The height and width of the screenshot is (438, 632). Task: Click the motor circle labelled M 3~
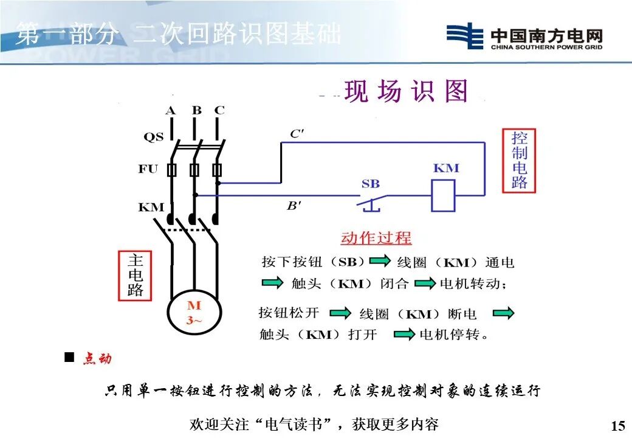193,313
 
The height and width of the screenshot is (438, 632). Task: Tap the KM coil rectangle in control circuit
443,195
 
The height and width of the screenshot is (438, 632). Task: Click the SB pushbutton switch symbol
371,201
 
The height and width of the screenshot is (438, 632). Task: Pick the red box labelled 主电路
135,276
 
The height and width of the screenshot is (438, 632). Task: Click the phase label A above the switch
171,111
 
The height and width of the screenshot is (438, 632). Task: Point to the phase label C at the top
219,111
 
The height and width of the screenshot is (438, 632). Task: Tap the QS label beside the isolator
153,137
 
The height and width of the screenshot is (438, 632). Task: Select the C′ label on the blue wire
297,134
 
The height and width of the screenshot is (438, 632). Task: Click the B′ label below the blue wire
294,206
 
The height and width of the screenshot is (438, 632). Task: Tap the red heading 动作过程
376,238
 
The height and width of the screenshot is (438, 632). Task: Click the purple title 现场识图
407,92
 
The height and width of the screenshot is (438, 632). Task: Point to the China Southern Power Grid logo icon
464,36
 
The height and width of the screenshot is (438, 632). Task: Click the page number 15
617,425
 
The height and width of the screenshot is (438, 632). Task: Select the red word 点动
97,358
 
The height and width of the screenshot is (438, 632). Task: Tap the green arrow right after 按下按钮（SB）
380,262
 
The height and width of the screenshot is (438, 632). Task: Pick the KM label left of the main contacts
151,207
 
